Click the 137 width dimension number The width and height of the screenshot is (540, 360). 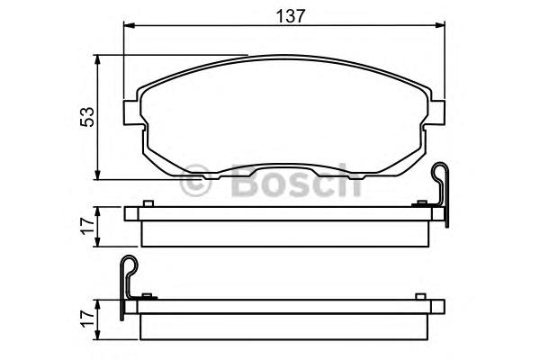pos(291,16)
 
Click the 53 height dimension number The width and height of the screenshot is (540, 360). pos(87,117)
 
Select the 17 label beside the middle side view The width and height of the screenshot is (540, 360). pos(87,226)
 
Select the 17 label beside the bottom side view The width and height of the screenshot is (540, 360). pos(87,319)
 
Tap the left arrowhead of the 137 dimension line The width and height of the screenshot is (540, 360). pos(129,25)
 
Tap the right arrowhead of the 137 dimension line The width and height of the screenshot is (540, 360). pos(440,25)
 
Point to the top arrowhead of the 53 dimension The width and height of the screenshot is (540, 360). pos(98,60)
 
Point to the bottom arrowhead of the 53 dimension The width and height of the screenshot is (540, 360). pos(98,175)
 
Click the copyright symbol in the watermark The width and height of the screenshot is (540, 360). pos(195,181)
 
